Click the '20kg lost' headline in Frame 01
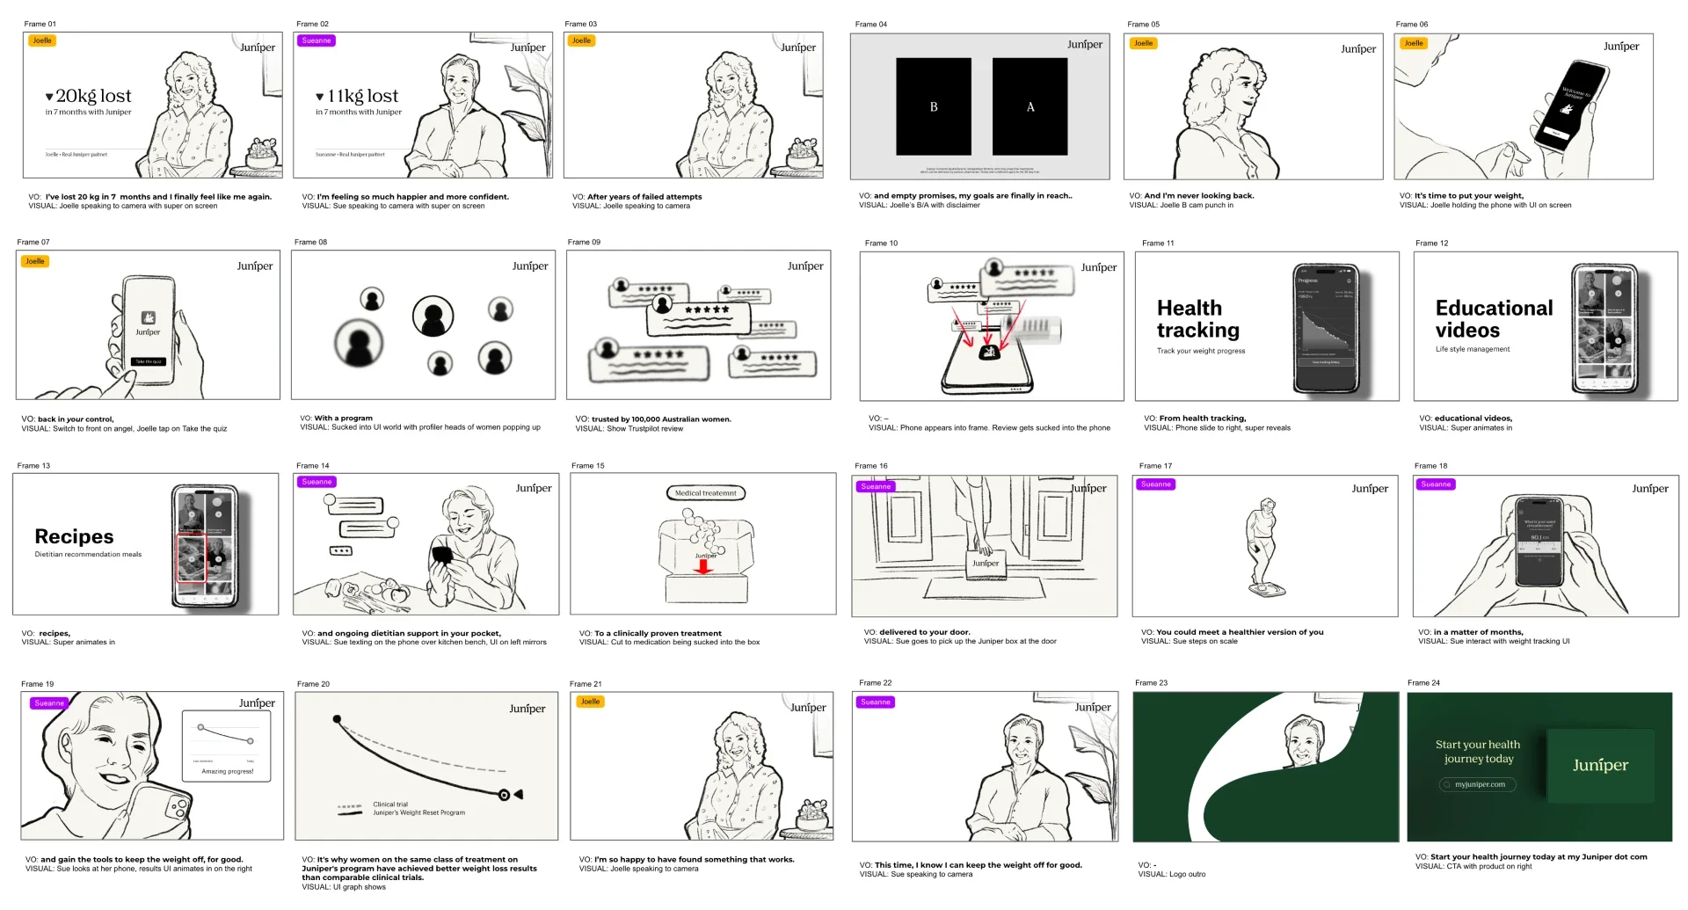pyautogui.click(x=92, y=96)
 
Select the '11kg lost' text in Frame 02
pyautogui.click(x=361, y=96)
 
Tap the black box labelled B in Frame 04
pyautogui.click(x=933, y=106)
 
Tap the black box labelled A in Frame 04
pyautogui.click(x=1030, y=106)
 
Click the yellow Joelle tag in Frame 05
pyautogui.click(x=1143, y=43)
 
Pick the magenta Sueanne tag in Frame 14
pyautogui.click(x=316, y=482)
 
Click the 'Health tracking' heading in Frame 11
pyautogui.click(x=1197, y=319)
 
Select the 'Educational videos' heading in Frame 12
pyautogui.click(x=1493, y=319)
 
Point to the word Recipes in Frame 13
pyautogui.click(x=74, y=536)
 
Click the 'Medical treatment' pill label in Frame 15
pyautogui.click(x=705, y=493)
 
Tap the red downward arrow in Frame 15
pyautogui.click(x=703, y=567)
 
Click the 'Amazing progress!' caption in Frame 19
pyautogui.click(x=227, y=771)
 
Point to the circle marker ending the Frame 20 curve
pyautogui.click(x=504, y=795)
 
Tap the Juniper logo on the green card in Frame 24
pyautogui.click(x=1600, y=765)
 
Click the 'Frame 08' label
pyautogui.click(x=310, y=242)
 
